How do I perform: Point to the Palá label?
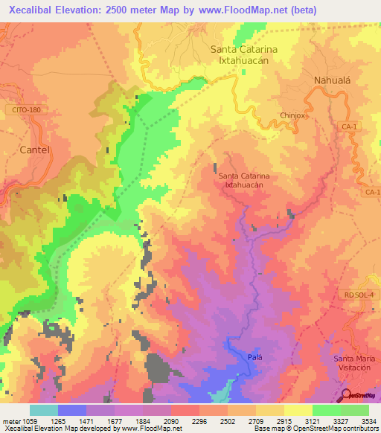click(254, 358)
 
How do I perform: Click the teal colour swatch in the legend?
click(43, 410)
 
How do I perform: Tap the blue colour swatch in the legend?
click(71, 410)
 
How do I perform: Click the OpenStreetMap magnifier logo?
click(346, 395)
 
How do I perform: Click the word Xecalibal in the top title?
click(30, 10)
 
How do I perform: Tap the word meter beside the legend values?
click(10, 420)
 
